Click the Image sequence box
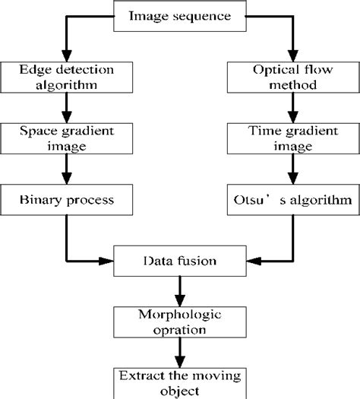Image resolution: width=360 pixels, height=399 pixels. (x=179, y=16)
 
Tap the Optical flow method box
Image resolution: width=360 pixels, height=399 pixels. (x=294, y=78)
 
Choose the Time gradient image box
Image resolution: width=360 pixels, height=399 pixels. (x=294, y=138)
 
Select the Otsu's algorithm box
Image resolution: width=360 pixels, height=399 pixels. (x=294, y=200)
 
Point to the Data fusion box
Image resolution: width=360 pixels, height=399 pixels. (x=179, y=261)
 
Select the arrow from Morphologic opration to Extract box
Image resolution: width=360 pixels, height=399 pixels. (x=179, y=351)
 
